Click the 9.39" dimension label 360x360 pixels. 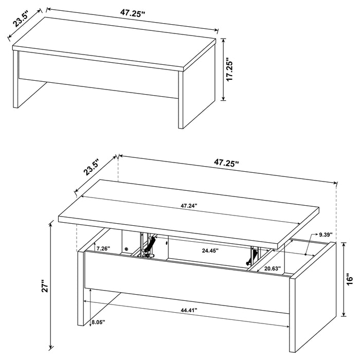pos(326,235)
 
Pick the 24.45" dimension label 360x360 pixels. pos(210,251)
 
